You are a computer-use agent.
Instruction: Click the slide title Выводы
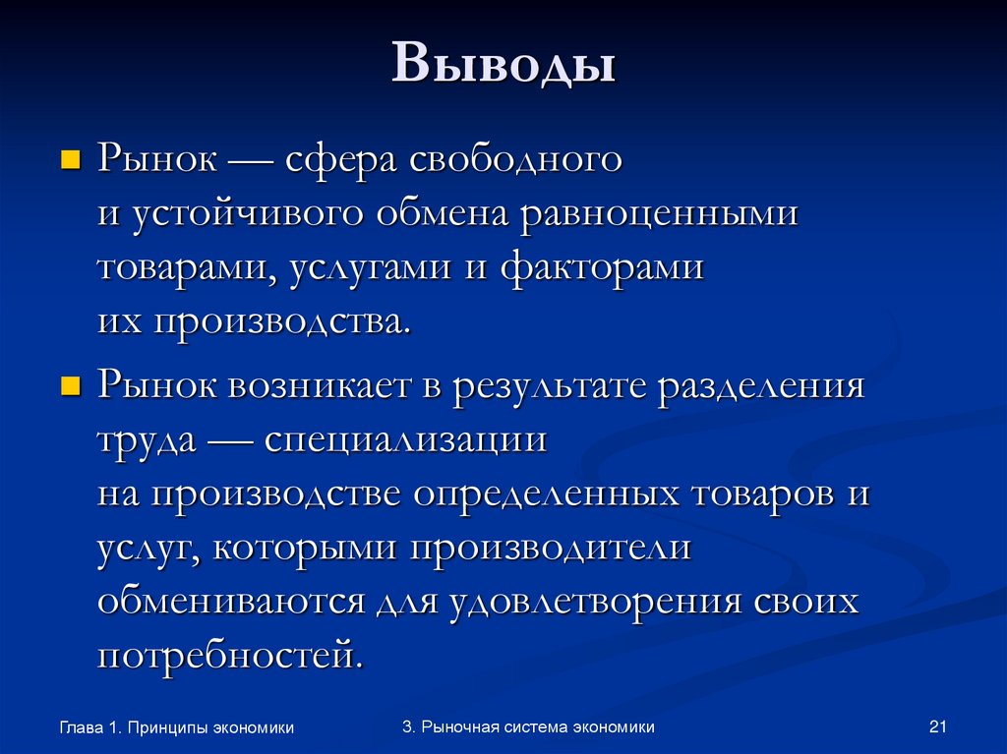[504, 67]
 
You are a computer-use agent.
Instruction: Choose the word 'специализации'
[404, 439]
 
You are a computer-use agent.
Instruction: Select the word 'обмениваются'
[232, 602]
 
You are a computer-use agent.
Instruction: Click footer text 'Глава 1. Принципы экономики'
[177, 728]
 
